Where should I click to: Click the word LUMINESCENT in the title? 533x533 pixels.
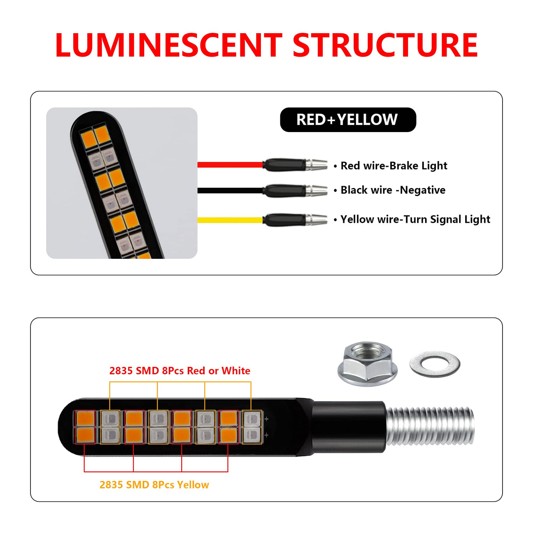pyautogui.click(x=169, y=45)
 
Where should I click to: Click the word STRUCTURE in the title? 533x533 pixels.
pyautogui.click(x=385, y=45)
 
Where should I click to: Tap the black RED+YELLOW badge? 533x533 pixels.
pyautogui.click(x=348, y=120)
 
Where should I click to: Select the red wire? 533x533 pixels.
pyautogui.click(x=230, y=165)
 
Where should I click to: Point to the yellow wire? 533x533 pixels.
pyautogui.click(x=230, y=220)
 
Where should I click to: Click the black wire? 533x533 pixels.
pyautogui.click(x=230, y=191)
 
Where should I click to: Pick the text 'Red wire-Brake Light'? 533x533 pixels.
pyautogui.click(x=394, y=166)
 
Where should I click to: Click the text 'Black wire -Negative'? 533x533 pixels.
pyautogui.click(x=393, y=190)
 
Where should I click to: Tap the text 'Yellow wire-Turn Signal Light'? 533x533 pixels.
pyautogui.click(x=415, y=219)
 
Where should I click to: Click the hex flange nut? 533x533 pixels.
pyautogui.click(x=368, y=364)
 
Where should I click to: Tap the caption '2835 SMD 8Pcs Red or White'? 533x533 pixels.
pyautogui.click(x=180, y=371)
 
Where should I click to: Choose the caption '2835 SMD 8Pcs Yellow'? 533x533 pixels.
pyautogui.click(x=154, y=485)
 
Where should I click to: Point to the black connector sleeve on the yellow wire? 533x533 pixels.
pyautogui.click(x=284, y=220)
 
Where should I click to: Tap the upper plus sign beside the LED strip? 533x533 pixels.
pyautogui.click(x=266, y=419)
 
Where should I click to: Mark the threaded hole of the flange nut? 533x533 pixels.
pyautogui.click(x=367, y=352)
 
